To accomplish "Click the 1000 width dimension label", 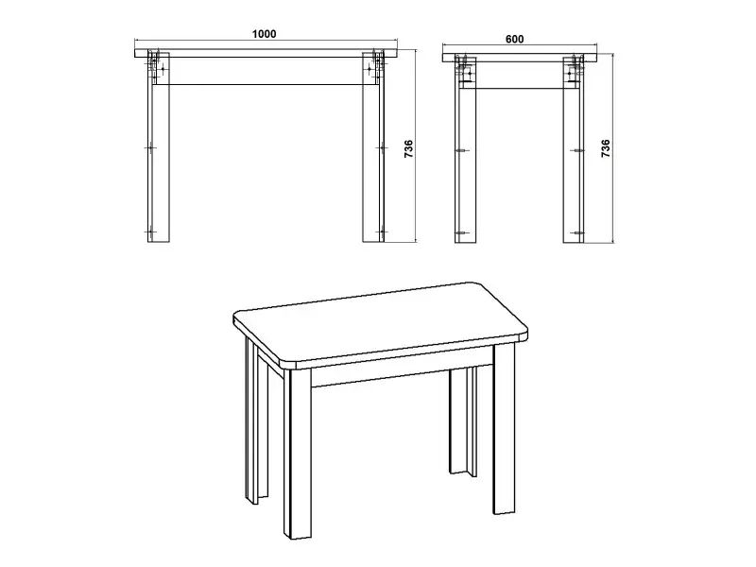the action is (265, 34).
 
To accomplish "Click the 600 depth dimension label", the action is (514, 39).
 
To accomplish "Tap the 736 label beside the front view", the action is (408, 149).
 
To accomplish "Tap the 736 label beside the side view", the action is (606, 149).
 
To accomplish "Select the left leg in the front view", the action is (159, 149).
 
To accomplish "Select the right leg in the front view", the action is (373, 149).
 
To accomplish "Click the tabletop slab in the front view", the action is (266, 53).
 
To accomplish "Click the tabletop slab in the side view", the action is (520, 58).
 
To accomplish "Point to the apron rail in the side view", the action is (520, 76).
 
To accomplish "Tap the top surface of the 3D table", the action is (381, 323).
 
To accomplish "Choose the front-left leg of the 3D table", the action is (297, 454).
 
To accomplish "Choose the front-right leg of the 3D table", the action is (505, 429).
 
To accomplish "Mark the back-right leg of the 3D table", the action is (463, 420).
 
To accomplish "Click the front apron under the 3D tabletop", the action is (403, 372).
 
